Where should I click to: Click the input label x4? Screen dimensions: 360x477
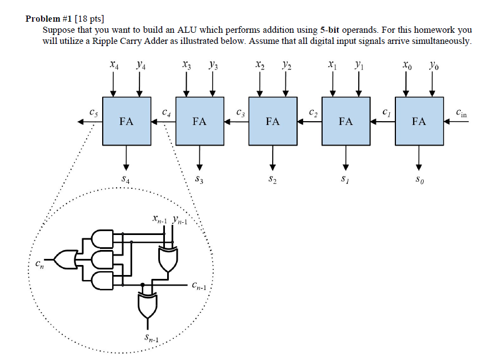click(x=114, y=65)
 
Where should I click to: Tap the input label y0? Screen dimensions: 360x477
click(x=433, y=65)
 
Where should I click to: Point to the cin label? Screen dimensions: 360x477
click(x=461, y=113)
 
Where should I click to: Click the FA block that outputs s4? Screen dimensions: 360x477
click(x=127, y=121)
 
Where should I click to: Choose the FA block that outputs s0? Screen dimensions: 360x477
click(x=419, y=121)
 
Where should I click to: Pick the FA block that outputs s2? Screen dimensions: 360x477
click(x=273, y=121)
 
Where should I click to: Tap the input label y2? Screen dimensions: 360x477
click(x=286, y=65)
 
